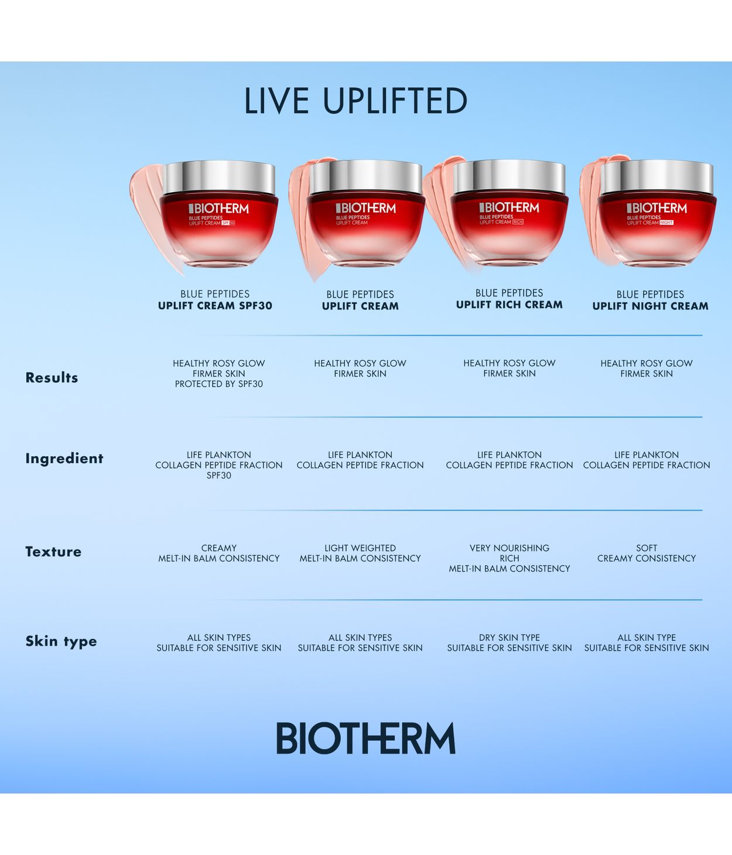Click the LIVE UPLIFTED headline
click(x=355, y=101)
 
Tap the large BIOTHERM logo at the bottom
click(x=365, y=738)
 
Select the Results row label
click(x=52, y=378)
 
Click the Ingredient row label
click(x=64, y=459)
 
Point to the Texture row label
click(x=53, y=552)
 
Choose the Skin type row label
click(x=61, y=641)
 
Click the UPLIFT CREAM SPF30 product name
click(x=215, y=306)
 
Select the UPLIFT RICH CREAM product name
click(x=509, y=305)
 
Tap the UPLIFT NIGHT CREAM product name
click(x=650, y=306)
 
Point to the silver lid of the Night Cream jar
click(x=656, y=177)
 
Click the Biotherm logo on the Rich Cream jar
click(x=509, y=207)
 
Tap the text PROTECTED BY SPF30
click(x=218, y=384)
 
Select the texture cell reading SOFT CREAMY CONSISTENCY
click(x=647, y=553)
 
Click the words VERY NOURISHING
click(x=509, y=548)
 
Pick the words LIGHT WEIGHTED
click(x=360, y=548)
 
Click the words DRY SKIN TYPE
click(x=509, y=638)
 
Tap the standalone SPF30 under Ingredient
click(x=218, y=476)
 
